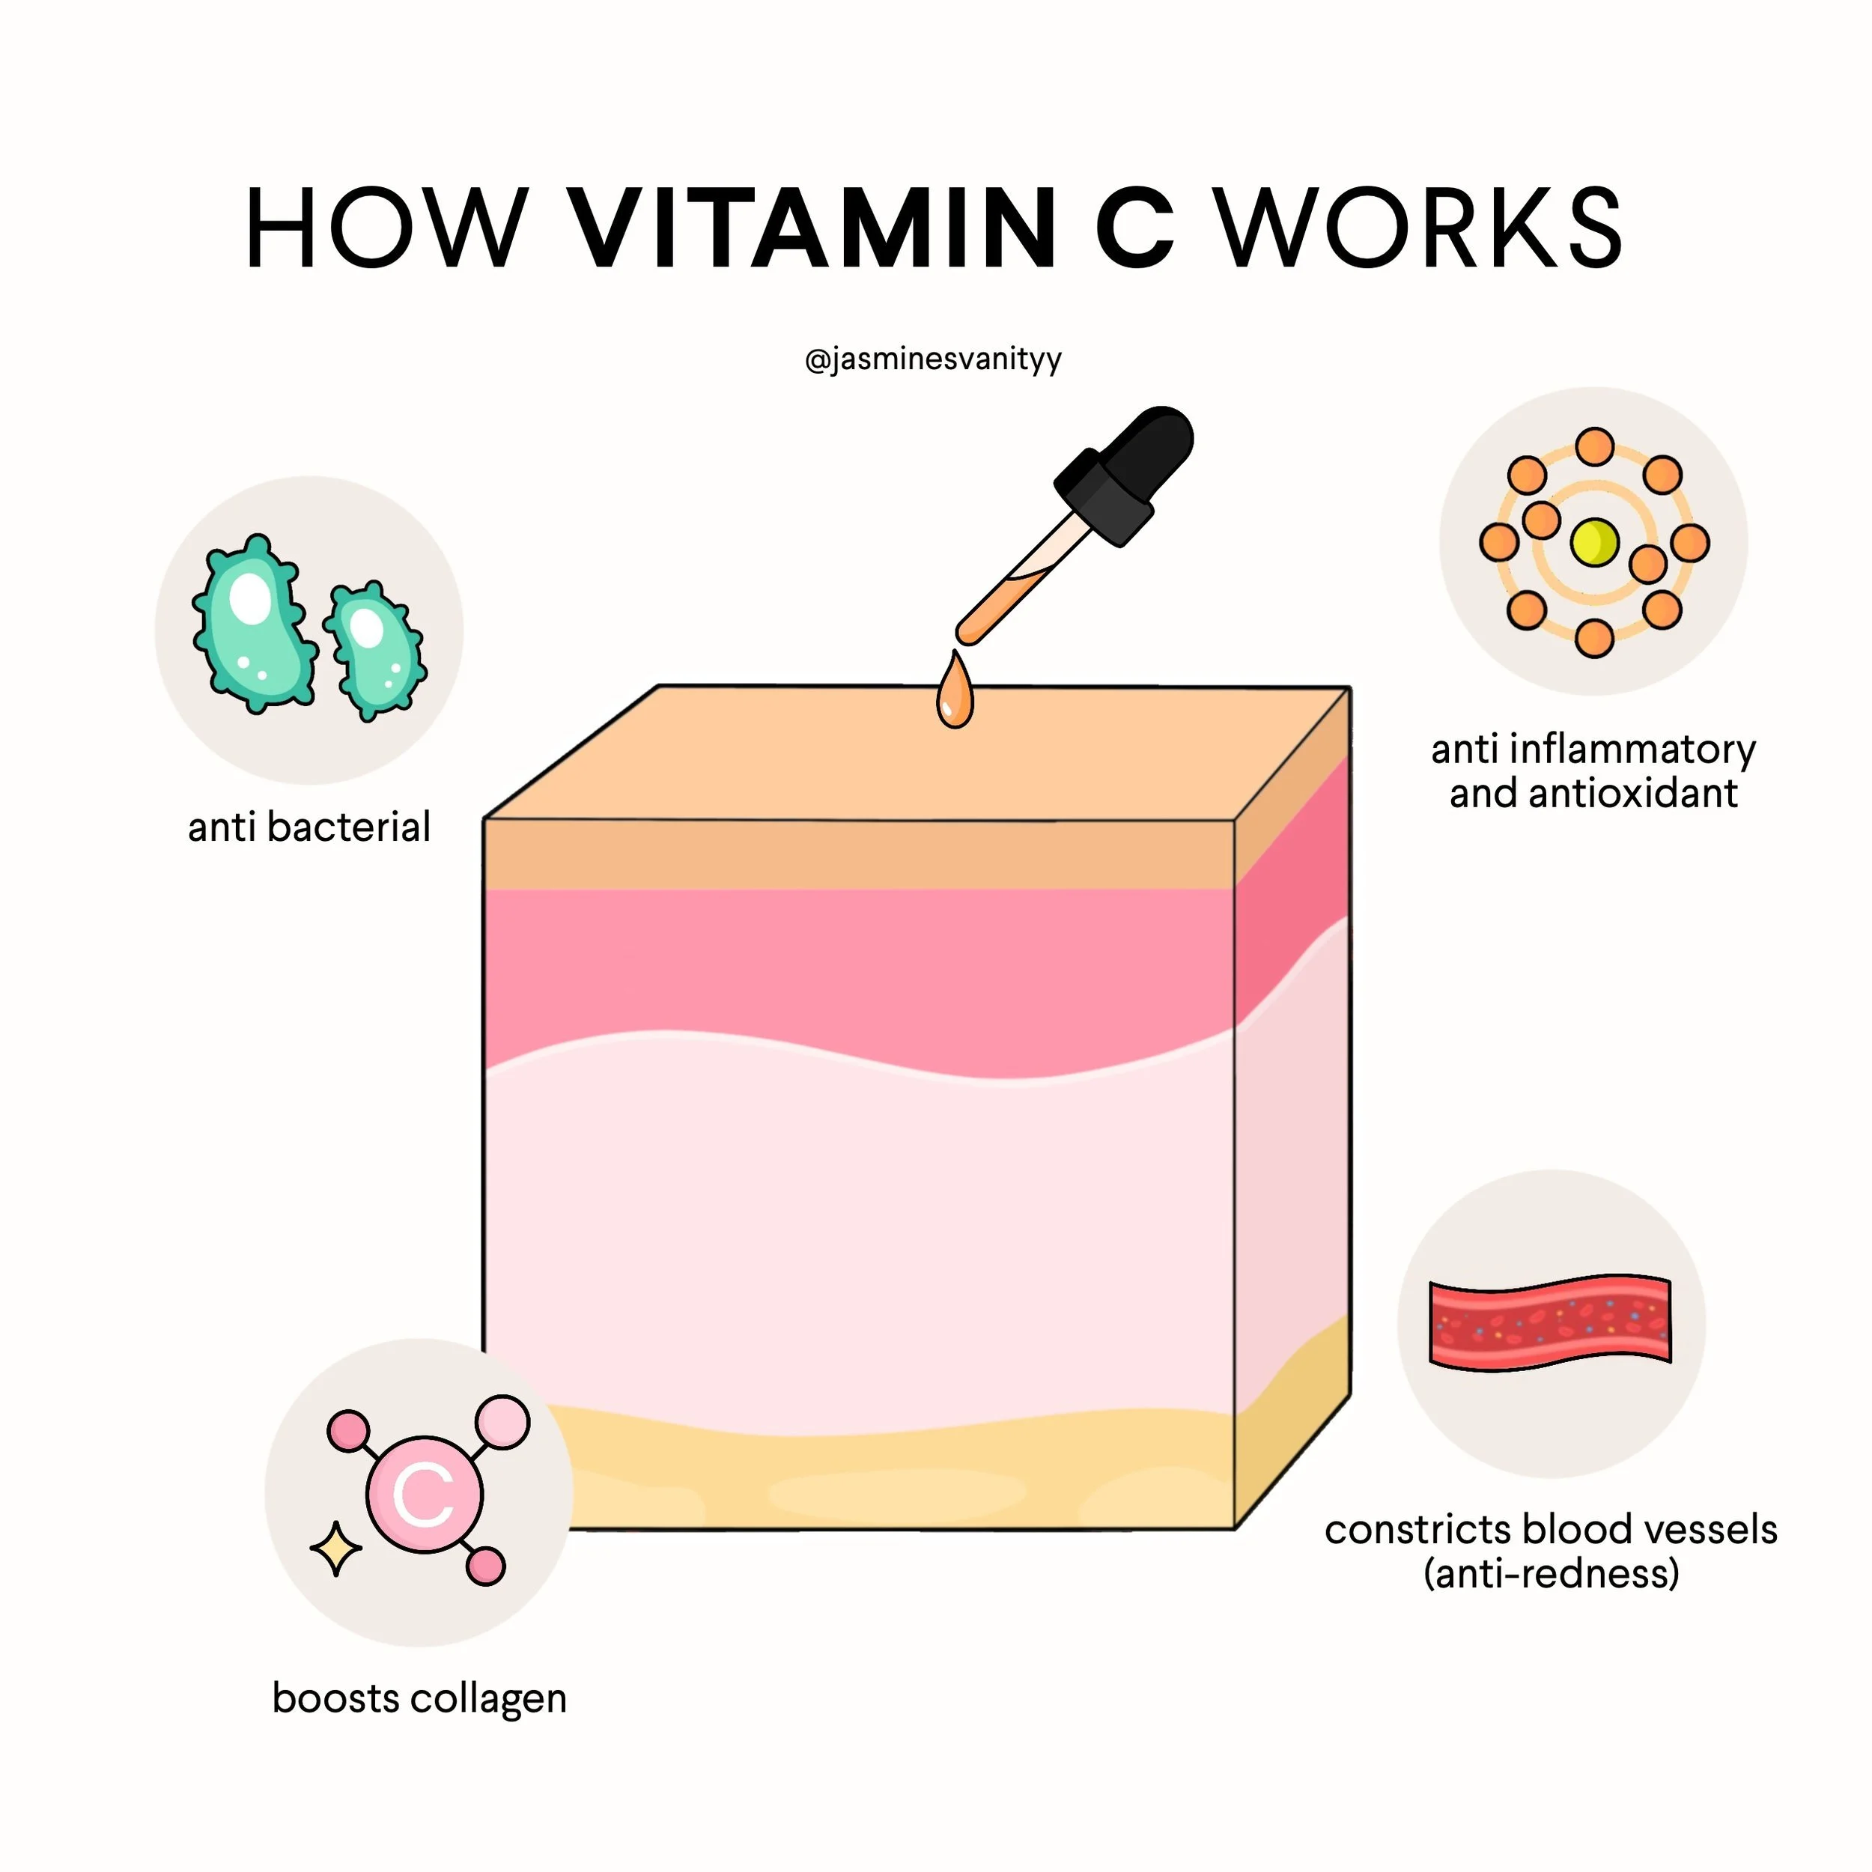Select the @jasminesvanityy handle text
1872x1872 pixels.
pos(933,359)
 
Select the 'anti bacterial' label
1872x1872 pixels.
pos(309,827)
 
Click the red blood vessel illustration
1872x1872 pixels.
pos(1550,1322)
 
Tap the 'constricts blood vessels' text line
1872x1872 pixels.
pos(1550,1530)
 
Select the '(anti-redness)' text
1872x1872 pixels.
pos(1550,1572)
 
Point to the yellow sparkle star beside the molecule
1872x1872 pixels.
pos(335,1549)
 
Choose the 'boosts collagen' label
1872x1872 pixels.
pos(419,1698)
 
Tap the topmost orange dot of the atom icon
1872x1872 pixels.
pos(1594,448)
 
